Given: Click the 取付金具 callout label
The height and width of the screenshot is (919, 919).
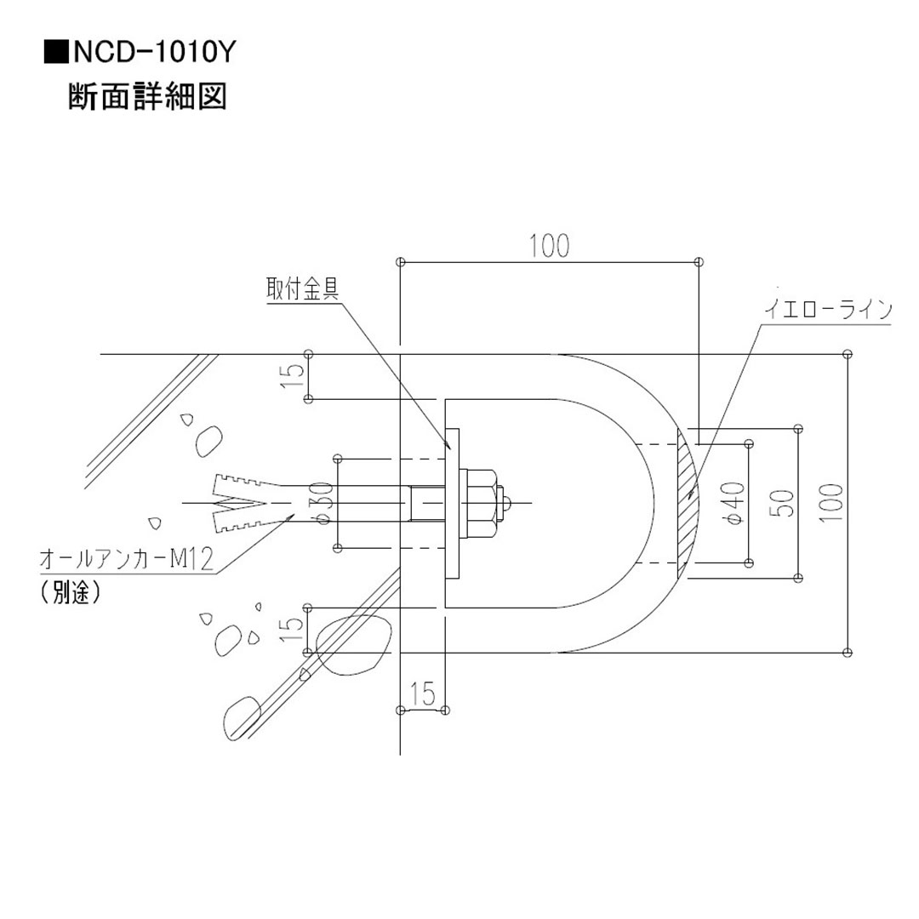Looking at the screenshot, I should pos(303,289).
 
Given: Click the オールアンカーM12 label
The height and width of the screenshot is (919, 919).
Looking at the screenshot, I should pos(126,559).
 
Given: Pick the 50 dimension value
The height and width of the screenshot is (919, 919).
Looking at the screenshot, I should pos(785,502).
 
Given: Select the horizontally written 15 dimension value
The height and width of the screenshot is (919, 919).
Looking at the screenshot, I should pos(422,694).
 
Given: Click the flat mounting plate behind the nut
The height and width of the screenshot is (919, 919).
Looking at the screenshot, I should pos(451,503).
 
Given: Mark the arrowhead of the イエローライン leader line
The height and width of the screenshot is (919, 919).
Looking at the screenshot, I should pos(692,493).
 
